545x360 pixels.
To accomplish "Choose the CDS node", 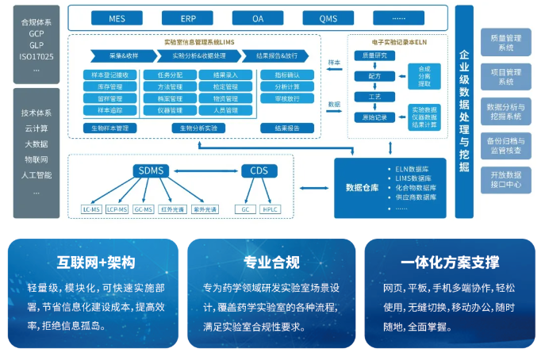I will click(259, 171).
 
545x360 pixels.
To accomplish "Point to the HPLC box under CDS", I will click(271, 209).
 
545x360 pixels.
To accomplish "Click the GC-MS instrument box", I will click(143, 209).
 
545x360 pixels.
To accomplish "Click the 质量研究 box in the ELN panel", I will click(374, 56).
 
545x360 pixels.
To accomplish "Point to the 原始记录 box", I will click(374, 117).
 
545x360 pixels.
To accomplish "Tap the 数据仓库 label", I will click(362, 187).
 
